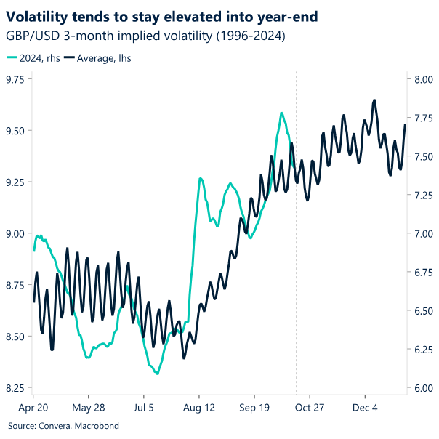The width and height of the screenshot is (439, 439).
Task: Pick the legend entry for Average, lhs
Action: [97, 57]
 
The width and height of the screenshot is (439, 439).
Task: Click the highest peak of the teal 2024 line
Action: [281, 113]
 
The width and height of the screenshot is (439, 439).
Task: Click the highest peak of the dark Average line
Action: [374, 100]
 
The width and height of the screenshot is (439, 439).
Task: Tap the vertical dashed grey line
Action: [297, 291]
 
